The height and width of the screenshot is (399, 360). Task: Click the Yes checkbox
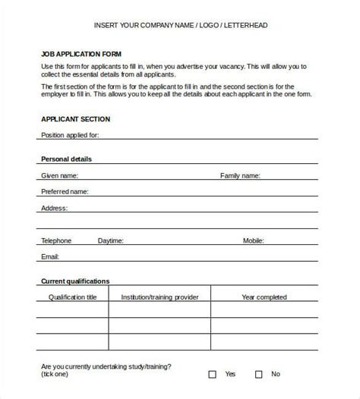[213, 374]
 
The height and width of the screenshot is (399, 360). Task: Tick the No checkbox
[258, 374]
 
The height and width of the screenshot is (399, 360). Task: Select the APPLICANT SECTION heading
[75, 119]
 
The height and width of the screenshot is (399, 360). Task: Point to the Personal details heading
[66, 159]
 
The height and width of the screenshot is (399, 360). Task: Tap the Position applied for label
[70, 136]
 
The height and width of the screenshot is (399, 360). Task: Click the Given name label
[61, 175]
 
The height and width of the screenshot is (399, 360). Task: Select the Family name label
[240, 175]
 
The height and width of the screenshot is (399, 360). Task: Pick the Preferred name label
[65, 192]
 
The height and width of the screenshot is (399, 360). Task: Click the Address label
[54, 208]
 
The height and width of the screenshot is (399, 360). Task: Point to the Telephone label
[56, 240]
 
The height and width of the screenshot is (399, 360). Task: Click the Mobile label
[254, 240]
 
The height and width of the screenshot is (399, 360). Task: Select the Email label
[50, 256]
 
